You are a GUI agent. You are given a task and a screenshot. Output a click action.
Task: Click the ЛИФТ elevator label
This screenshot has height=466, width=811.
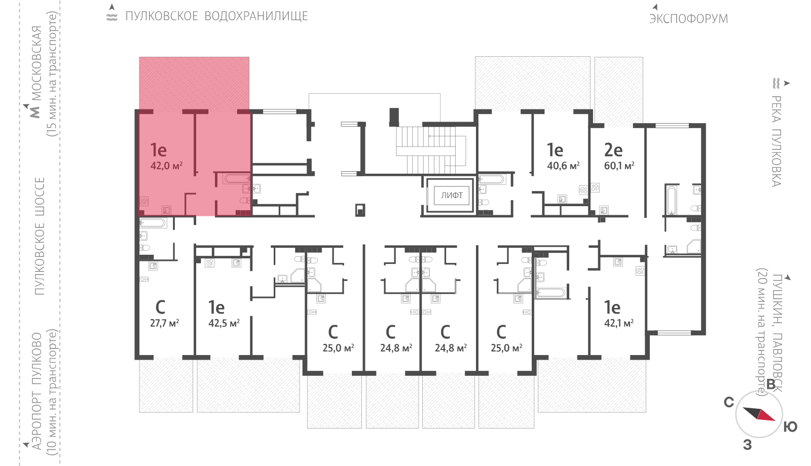click(x=452, y=196)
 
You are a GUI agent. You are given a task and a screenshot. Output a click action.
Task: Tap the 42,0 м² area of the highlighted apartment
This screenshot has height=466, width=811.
click(x=166, y=166)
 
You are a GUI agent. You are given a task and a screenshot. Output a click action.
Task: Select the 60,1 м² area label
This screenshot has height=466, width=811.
click(x=619, y=166)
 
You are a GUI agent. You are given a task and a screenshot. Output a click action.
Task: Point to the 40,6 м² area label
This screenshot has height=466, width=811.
click(x=563, y=166)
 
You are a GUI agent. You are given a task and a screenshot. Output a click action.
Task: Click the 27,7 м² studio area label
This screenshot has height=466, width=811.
click(x=164, y=323)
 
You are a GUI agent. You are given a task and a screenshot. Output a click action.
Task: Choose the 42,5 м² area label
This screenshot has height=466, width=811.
click(x=224, y=323)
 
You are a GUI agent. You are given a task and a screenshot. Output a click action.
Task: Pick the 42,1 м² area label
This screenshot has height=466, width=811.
click(x=619, y=323)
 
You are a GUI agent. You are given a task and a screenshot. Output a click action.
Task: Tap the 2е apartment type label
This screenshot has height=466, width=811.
click(x=613, y=150)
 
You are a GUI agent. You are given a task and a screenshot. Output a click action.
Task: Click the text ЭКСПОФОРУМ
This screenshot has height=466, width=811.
click(x=688, y=19)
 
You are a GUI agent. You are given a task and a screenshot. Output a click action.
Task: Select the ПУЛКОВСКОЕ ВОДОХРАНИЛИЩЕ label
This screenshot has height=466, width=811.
click(x=216, y=16)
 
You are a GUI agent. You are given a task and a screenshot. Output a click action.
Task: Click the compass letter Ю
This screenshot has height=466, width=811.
click(x=790, y=427)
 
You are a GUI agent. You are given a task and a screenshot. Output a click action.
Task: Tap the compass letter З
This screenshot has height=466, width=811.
click(x=747, y=445)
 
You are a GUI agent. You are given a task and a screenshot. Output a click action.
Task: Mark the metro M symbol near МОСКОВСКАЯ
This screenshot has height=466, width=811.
click(x=35, y=112)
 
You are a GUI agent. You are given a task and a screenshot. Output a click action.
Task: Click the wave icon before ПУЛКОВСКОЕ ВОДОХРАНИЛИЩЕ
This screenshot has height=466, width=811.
click(x=112, y=16)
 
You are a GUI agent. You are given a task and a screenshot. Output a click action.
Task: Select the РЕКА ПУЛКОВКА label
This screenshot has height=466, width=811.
click(x=776, y=141)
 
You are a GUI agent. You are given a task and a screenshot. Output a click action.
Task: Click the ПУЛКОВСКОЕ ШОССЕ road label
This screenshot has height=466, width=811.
click(x=40, y=236)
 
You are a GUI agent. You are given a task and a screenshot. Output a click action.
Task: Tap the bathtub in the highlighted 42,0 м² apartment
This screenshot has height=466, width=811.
click(x=237, y=178)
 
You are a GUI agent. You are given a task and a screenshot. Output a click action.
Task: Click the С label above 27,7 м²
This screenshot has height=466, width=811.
click(x=160, y=307)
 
